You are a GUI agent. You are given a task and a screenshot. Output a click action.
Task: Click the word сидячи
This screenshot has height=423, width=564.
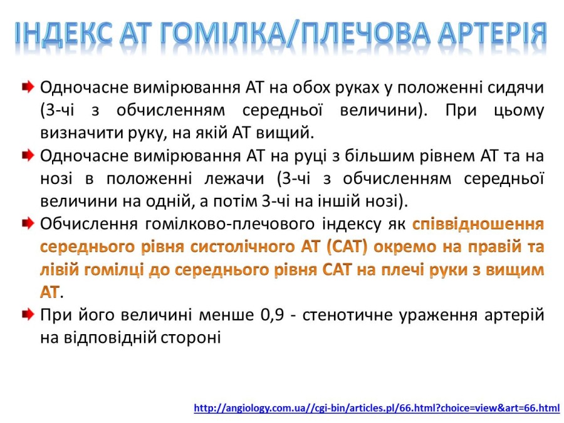[x=516, y=87]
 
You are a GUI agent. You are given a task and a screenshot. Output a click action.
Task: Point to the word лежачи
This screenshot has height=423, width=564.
[x=234, y=178]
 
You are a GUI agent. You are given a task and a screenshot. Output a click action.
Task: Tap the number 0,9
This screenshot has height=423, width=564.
[x=272, y=315]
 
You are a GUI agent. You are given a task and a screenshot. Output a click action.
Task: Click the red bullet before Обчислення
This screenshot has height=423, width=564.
[x=28, y=223]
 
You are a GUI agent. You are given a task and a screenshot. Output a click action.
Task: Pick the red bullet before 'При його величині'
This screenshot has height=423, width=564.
[x=28, y=315]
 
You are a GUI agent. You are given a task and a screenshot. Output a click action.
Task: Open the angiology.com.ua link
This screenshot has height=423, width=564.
[x=377, y=408]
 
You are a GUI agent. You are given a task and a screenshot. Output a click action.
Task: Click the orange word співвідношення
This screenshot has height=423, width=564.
[x=478, y=224]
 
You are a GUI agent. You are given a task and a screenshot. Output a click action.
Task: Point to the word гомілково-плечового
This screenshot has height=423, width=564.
[x=230, y=224]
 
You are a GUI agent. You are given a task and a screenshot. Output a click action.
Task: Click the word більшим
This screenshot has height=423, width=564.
[x=379, y=156]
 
